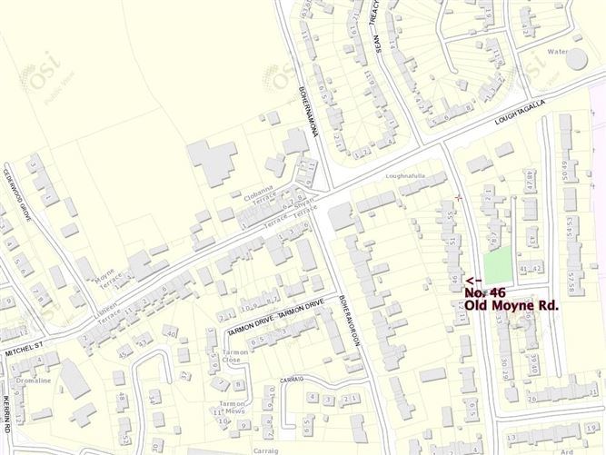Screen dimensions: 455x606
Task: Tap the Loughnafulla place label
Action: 405,175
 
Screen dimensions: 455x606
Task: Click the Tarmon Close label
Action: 235,355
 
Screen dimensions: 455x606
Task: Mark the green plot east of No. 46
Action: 495,264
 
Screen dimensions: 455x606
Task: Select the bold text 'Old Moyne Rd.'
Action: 511,306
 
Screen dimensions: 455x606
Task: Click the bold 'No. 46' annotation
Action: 485,292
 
